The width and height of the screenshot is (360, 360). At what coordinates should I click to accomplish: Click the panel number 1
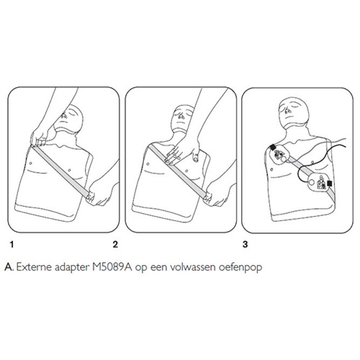point(12,245)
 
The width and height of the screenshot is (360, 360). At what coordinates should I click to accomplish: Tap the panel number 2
point(115,245)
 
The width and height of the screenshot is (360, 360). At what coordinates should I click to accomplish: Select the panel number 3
point(245,245)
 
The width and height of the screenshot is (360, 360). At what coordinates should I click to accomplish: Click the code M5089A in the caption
point(112,267)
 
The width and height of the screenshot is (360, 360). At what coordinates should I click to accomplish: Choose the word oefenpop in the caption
point(240,268)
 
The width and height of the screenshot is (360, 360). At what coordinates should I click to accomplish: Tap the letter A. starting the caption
point(9,267)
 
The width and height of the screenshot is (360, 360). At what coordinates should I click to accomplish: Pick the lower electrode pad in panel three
point(318,181)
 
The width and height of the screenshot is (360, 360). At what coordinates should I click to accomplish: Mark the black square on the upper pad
point(272,147)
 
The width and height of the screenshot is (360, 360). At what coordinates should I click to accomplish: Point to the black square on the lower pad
point(330,184)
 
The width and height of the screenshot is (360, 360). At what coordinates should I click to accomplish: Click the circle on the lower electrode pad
point(311,182)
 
